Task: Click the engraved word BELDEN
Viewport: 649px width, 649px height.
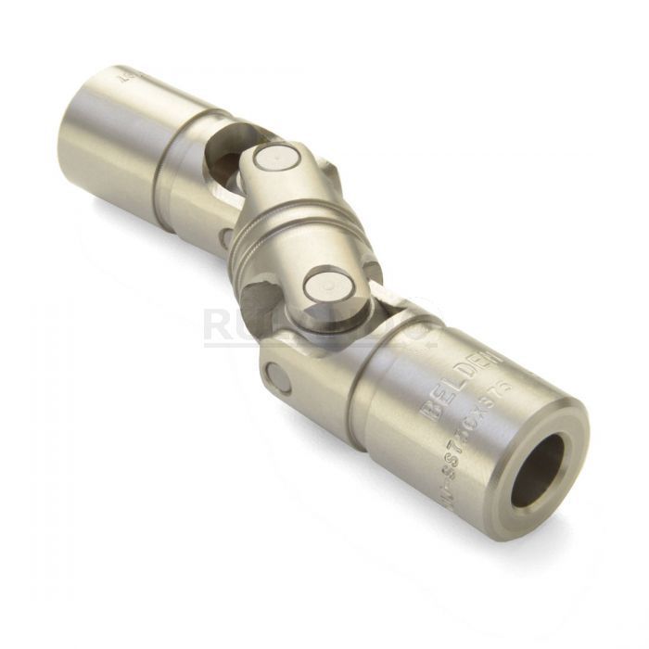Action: tap(461, 382)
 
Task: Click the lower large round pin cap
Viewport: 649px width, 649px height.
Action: tap(326, 286)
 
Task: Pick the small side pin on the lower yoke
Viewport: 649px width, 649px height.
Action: tap(276, 378)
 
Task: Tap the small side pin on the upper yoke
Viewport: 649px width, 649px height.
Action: tap(225, 237)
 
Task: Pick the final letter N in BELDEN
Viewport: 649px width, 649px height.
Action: tap(491, 357)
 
